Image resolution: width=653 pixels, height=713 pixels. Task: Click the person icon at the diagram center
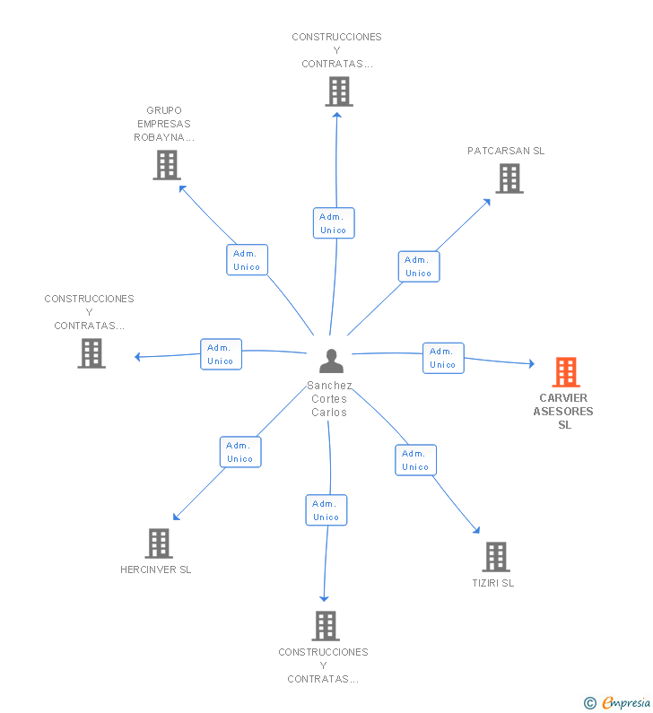[x=331, y=361]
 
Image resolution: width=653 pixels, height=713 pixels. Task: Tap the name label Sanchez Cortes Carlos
[x=329, y=399]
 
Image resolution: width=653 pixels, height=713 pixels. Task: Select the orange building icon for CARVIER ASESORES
[x=566, y=372]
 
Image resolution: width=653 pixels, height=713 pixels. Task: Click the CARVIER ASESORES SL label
[x=563, y=412]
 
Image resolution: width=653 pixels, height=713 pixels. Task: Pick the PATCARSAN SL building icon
[x=509, y=178]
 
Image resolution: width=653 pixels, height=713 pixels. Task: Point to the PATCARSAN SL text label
[x=506, y=151]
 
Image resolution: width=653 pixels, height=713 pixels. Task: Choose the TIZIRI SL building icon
[x=496, y=557]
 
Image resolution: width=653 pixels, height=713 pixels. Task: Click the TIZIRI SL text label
[x=493, y=583]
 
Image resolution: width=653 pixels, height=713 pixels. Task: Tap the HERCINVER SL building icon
[x=159, y=543]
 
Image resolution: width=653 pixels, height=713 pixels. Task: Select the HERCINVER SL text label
[x=155, y=570]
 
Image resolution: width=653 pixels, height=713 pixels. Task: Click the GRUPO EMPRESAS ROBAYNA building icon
[x=167, y=165]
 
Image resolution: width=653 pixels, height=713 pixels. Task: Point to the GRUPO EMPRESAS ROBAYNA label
[x=164, y=124]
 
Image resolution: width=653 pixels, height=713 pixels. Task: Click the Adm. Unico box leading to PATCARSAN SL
[x=419, y=266]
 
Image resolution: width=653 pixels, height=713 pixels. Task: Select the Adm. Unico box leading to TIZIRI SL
[x=415, y=460]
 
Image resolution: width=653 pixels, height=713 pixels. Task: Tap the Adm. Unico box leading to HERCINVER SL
[x=240, y=452]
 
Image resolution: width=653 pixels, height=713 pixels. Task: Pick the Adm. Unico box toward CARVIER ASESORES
[x=443, y=359]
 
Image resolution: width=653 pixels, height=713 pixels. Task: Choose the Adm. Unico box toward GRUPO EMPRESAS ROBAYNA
[x=247, y=260]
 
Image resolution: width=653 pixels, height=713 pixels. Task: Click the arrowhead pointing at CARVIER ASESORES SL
[x=531, y=363]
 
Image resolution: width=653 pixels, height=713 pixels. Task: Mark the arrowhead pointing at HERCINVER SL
[x=176, y=517]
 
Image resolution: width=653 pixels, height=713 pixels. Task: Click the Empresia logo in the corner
[x=617, y=702]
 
